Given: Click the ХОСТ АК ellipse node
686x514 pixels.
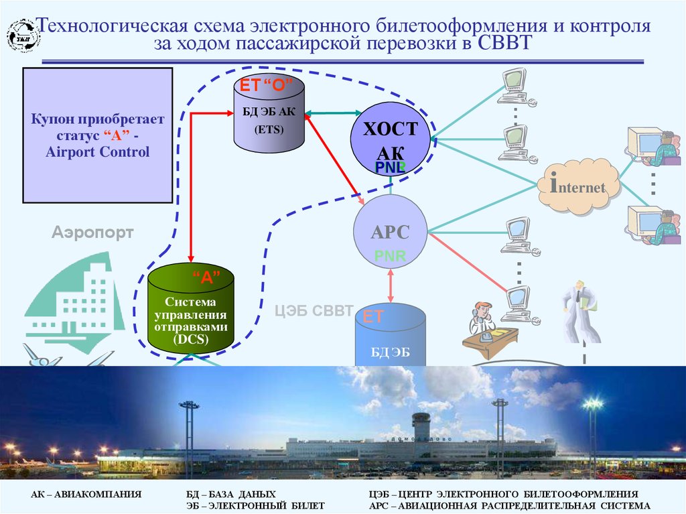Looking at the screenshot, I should pos(390,139).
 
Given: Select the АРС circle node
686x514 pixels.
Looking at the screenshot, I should pos(391,231).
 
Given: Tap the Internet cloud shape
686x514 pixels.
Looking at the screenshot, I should pos(577,187).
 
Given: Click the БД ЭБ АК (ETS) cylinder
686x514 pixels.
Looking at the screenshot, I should pos(269,114).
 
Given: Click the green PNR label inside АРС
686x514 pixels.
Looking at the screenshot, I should pos(390,255).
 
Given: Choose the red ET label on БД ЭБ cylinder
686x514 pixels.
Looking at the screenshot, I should pos(373,317).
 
